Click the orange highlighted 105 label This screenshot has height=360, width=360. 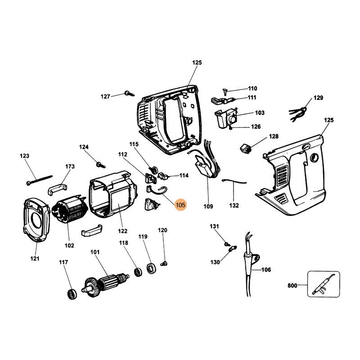(x=181, y=205)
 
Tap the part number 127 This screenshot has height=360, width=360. (x=105, y=96)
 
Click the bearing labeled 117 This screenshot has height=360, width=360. (x=71, y=294)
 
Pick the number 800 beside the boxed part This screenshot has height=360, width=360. (x=292, y=285)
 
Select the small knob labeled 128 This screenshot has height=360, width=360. (x=245, y=148)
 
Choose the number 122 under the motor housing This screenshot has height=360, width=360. (x=122, y=231)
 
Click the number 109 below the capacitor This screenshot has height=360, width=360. (x=208, y=207)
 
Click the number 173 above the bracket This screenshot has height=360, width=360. (x=69, y=166)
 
